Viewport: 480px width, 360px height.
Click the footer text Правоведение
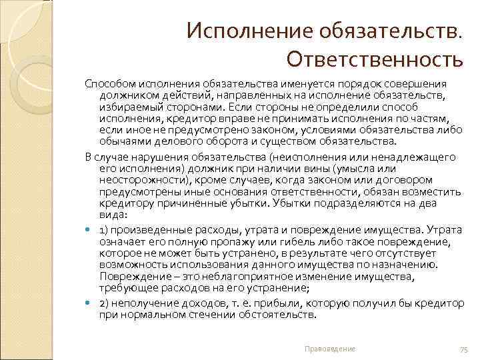coord(329,349)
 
